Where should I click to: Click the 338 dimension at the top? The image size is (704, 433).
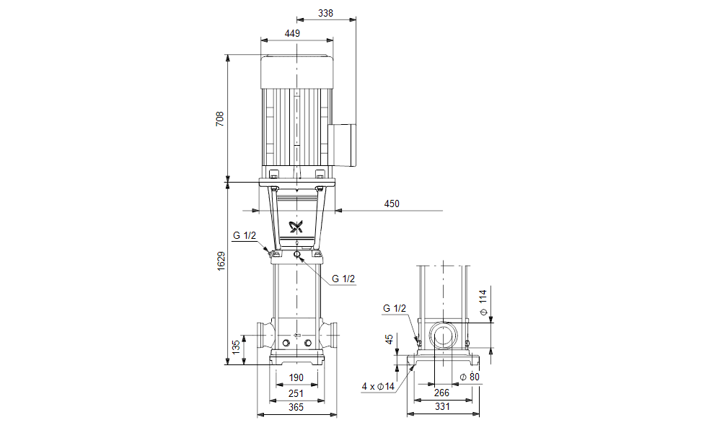(326, 12)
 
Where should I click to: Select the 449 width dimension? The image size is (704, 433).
(292, 33)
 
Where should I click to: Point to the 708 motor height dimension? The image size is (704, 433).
(220, 118)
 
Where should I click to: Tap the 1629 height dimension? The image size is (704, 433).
(221, 261)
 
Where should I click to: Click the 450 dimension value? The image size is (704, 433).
(391, 204)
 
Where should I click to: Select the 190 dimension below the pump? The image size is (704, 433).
(296, 377)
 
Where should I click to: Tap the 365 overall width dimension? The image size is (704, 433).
(296, 408)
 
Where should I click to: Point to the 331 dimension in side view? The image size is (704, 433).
(442, 408)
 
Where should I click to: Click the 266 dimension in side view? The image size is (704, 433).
(442, 393)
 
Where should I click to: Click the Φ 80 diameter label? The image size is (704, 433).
(470, 377)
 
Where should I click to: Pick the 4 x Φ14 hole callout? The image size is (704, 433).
(378, 387)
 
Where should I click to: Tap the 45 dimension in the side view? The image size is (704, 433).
(390, 339)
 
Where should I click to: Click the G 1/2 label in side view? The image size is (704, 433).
(395, 308)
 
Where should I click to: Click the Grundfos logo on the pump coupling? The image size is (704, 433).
(297, 227)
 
